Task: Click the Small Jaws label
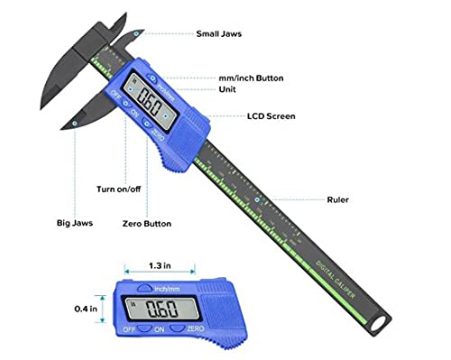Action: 221,33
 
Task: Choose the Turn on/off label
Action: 119,189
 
